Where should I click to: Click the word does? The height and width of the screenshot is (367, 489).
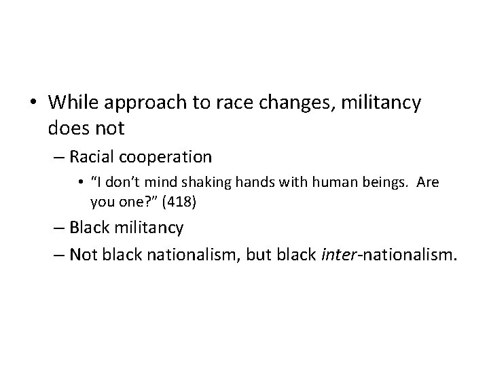67,126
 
